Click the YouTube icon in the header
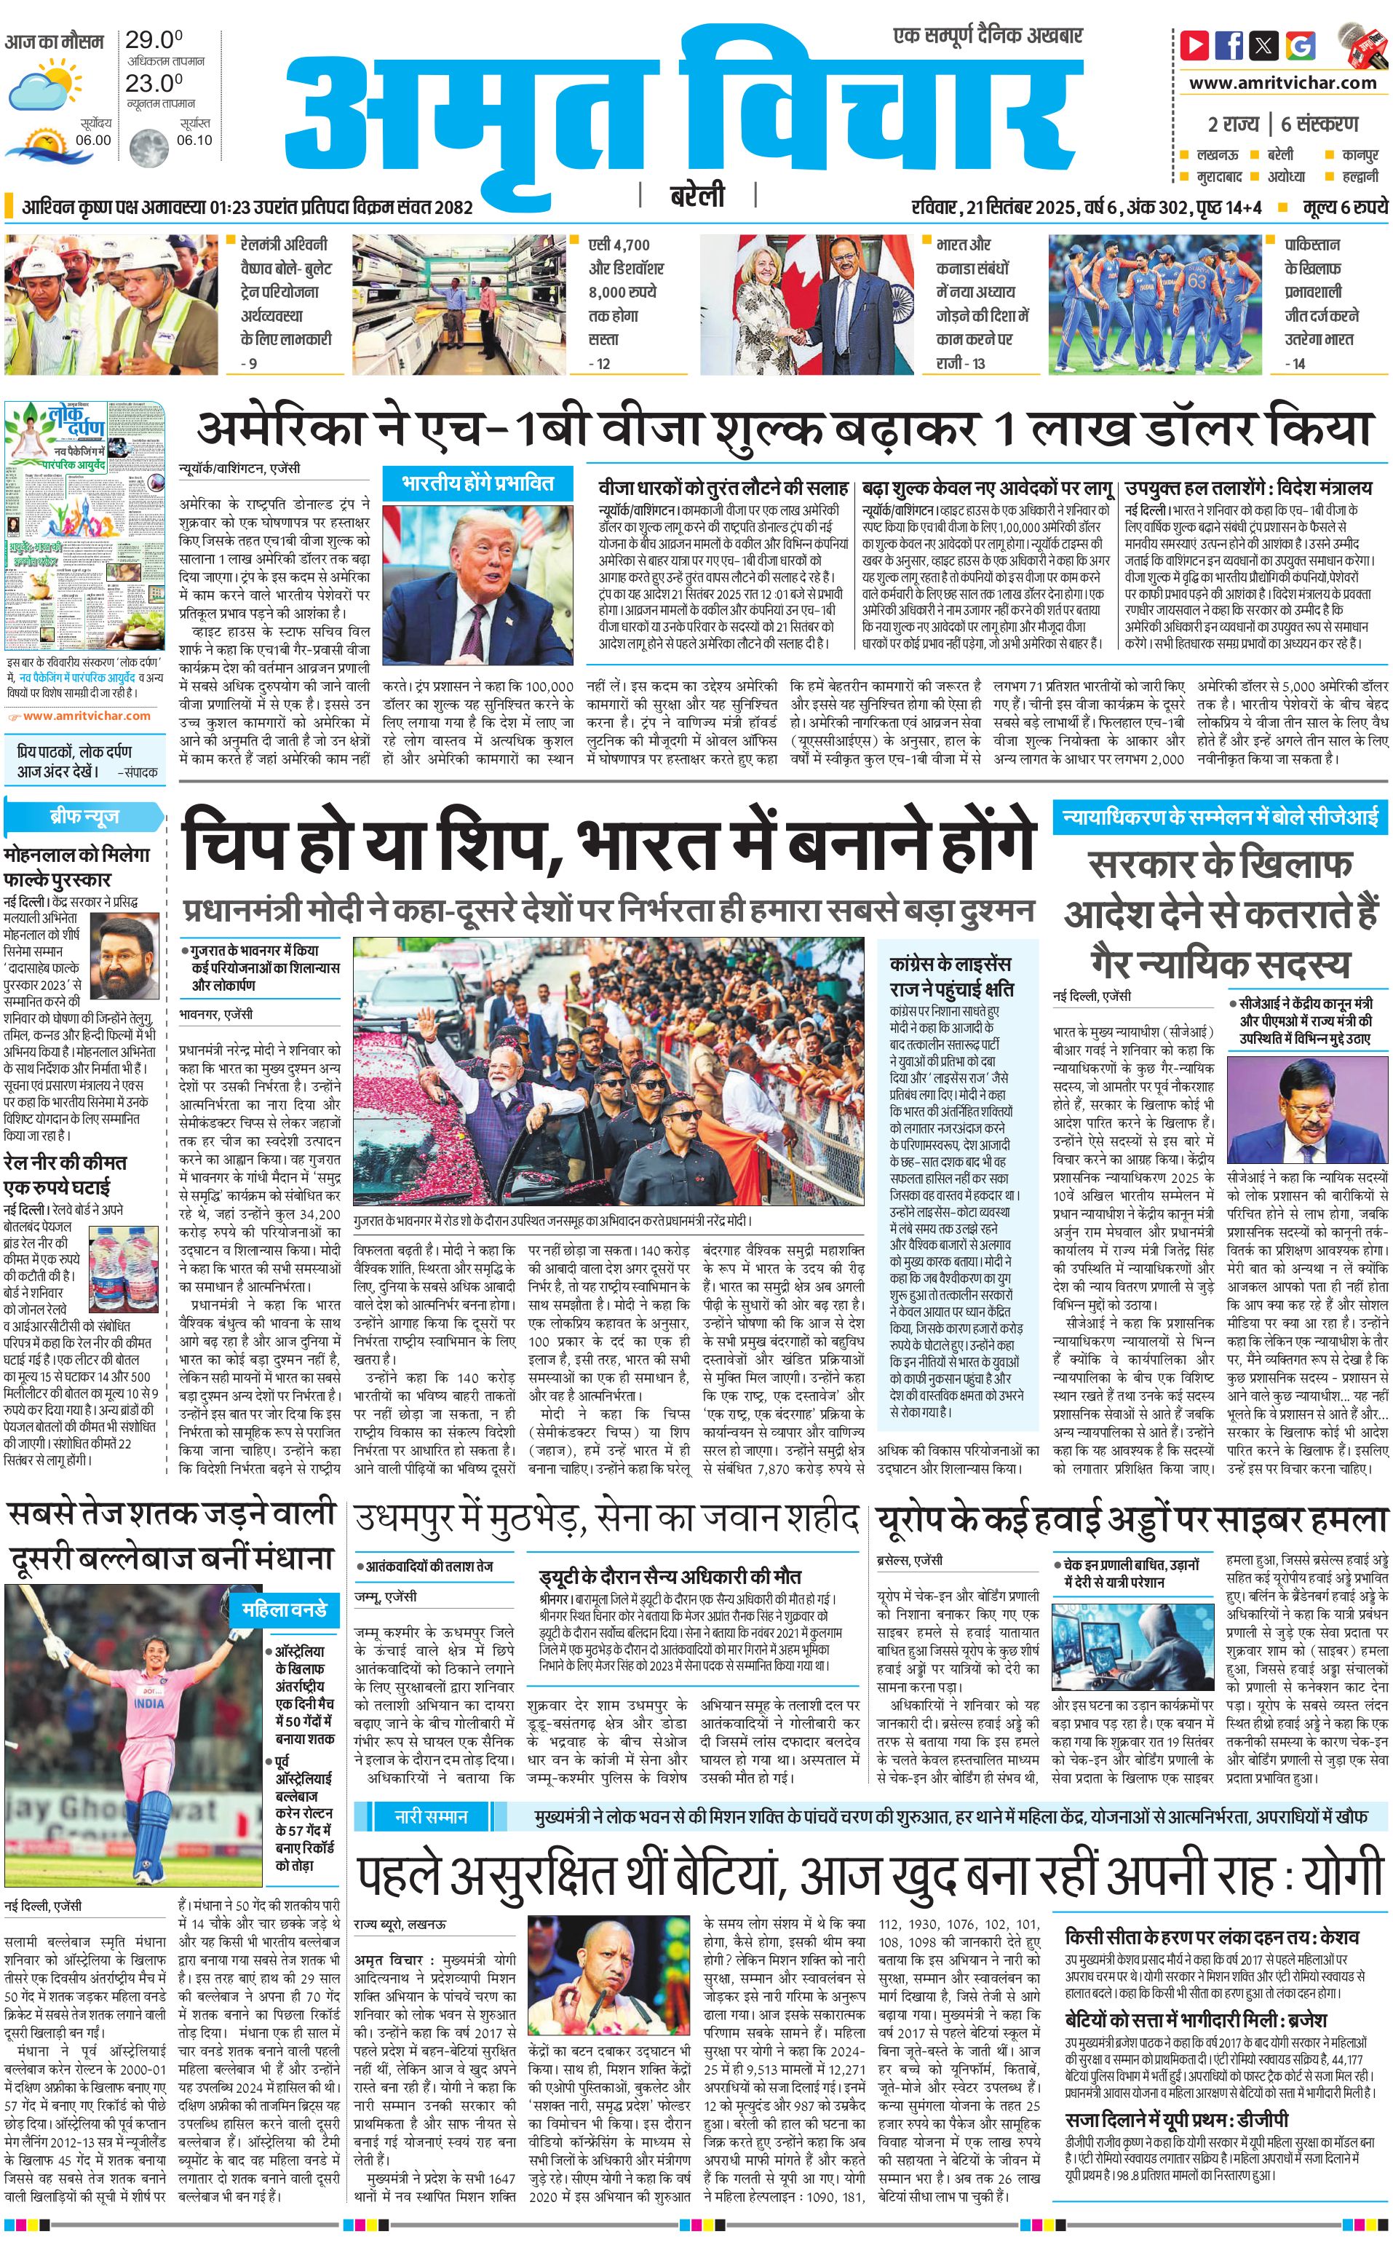coord(1194,44)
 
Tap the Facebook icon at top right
coord(1229,44)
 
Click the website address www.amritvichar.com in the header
coord(1282,83)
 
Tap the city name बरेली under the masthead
coord(696,195)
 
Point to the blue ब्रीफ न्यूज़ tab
coord(84,817)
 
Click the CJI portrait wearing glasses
coord(1307,1116)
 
